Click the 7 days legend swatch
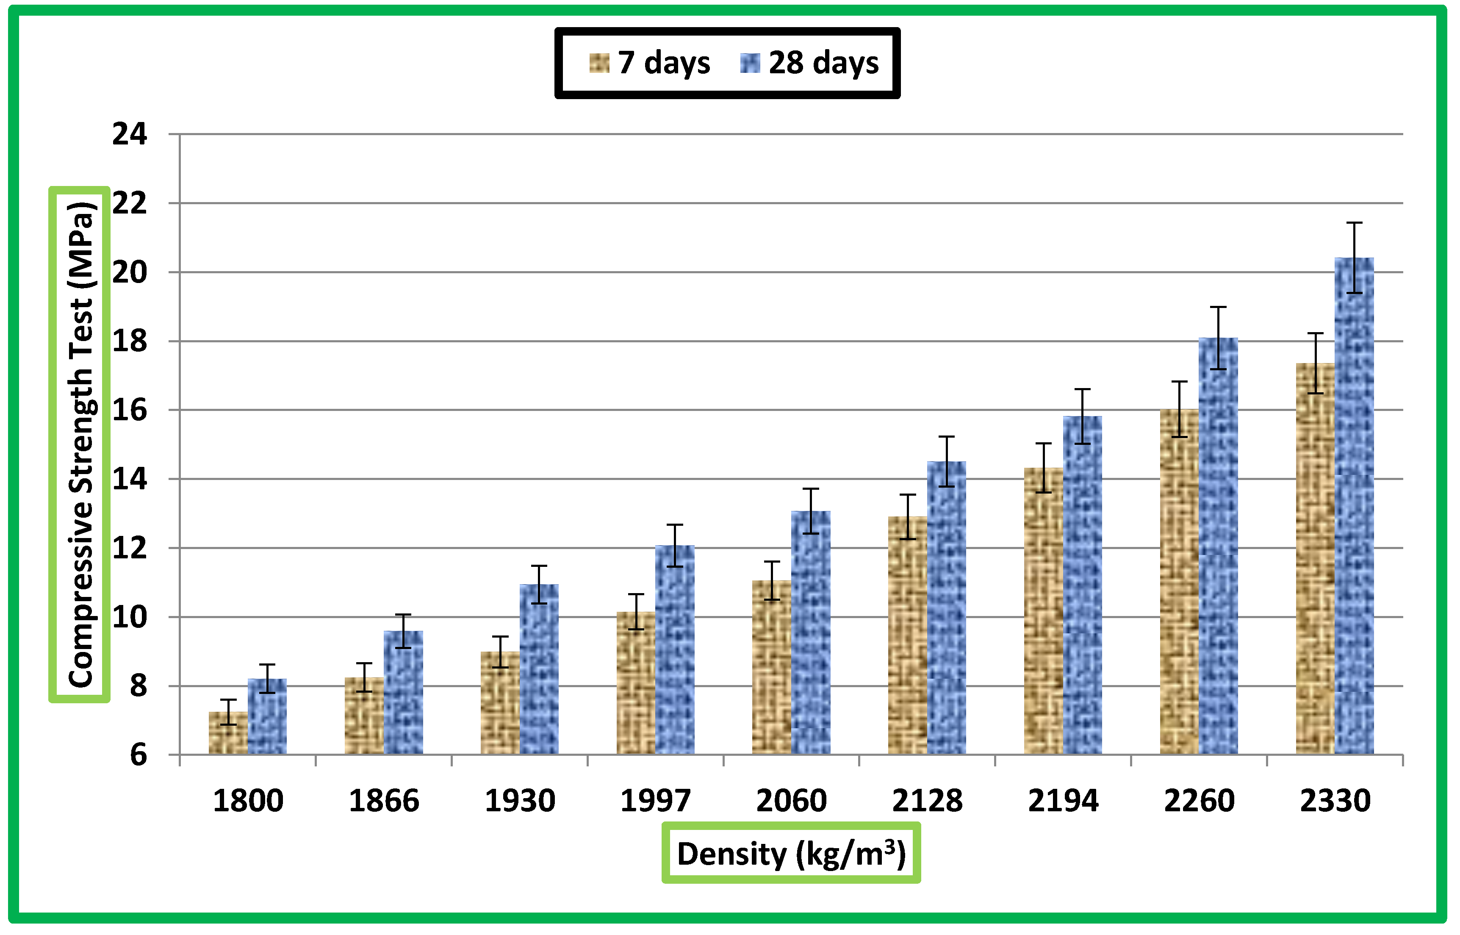(x=599, y=63)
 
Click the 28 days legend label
(x=823, y=63)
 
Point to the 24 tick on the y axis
(x=129, y=134)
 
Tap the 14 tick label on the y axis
(x=129, y=480)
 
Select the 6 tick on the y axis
(x=139, y=755)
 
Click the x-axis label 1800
(x=248, y=801)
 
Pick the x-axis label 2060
(x=791, y=801)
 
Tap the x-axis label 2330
(x=1335, y=801)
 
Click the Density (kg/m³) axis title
(x=791, y=854)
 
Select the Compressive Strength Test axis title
(x=80, y=444)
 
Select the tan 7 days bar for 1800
(x=228, y=733)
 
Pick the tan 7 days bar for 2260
(x=1179, y=583)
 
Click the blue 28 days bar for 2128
(x=947, y=607)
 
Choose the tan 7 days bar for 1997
(x=636, y=683)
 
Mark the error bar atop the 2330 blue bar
(x=1355, y=258)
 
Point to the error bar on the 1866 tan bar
(x=364, y=677)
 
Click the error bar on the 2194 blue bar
(x=1083, y=416)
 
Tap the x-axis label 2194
(x=1063, y=801)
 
